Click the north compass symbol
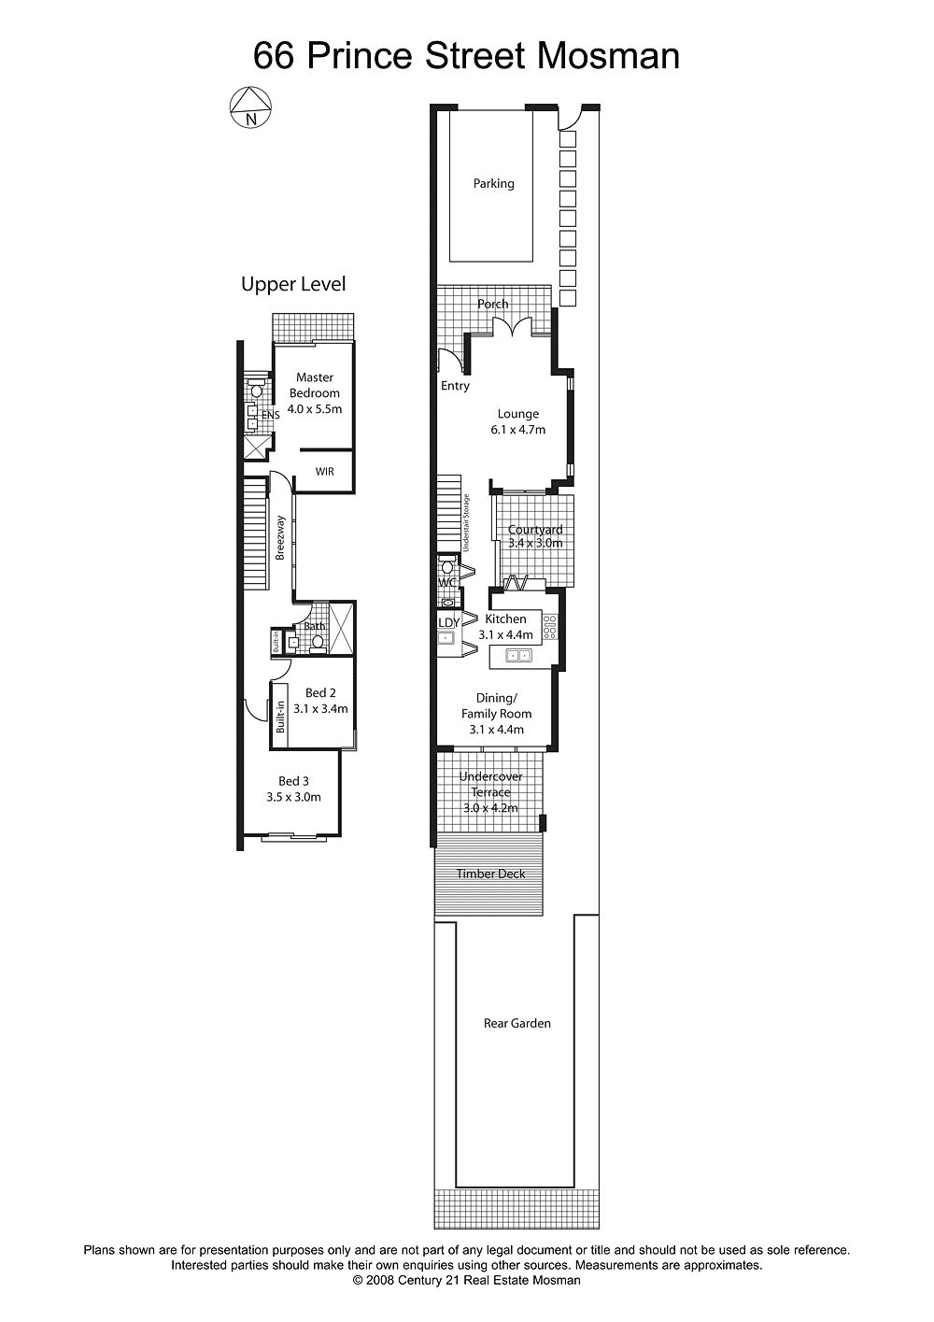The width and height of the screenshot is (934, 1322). tap(250, 107)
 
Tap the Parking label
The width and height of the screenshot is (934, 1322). tap(494, 184)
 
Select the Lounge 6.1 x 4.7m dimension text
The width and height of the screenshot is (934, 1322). tap(518, 430)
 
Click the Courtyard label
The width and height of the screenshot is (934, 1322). tap(535, 530)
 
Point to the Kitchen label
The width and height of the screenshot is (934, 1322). tap(505, 618)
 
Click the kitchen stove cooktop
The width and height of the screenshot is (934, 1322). tap(550, 627)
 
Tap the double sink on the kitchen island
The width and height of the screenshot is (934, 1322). tap(519, 655)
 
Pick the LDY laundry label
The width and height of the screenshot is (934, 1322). tap(449, 622)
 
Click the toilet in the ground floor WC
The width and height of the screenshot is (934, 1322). tap(447, 565)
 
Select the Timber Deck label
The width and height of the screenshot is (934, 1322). tap(491, 874)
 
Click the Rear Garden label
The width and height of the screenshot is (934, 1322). tap(517, 1023)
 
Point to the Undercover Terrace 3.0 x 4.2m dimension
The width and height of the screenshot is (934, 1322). tap(491, 808)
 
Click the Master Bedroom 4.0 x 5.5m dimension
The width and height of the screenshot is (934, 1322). tap(315, 409)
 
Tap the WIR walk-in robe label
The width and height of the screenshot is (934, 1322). tap(324, 472)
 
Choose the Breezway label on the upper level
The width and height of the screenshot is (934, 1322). tap(280, 537)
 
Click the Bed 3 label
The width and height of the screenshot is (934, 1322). tap(294, 781)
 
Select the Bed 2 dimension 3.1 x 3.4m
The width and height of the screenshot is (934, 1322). tap(320, 708)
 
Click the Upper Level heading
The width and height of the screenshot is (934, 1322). tap(293, 284)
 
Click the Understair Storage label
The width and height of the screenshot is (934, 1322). tap(466, 523)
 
